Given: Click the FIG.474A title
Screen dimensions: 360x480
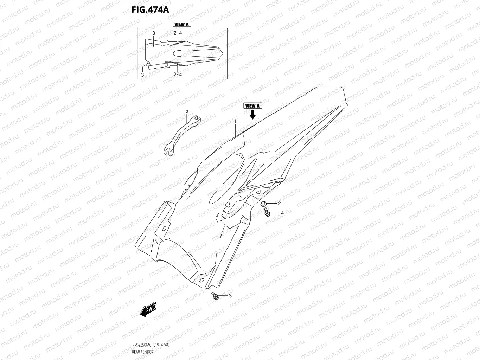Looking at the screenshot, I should tap(150, 10).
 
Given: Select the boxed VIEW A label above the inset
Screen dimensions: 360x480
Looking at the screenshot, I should tap(181, 24).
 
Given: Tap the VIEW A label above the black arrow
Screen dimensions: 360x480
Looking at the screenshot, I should tap(252, 106).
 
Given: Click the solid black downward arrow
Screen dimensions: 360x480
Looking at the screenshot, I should tap(252, 114).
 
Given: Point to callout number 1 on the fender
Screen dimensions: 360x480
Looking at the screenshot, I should tap(235, 121).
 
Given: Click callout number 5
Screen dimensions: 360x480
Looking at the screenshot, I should tap(187, 111).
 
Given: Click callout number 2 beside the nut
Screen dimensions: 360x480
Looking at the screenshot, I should tap(279, 203).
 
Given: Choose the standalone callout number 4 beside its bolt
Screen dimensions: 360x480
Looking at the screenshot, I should tap(282, 213).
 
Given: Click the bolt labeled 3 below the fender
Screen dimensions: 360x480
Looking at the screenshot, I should tap(214, 296).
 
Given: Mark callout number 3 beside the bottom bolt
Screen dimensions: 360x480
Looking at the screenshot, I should tap(230, 296).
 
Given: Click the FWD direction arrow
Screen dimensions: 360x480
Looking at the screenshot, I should tap(148, 310).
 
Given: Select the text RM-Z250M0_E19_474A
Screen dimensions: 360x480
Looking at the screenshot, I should tap(148, 345).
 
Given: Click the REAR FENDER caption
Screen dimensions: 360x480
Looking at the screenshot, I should tap(142, 352).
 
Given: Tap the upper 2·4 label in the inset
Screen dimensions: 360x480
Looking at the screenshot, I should tap(178, 33).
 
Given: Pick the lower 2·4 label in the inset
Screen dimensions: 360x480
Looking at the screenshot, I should tap(178, 75).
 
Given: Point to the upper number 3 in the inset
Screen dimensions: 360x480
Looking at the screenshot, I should tap(154, 33).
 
